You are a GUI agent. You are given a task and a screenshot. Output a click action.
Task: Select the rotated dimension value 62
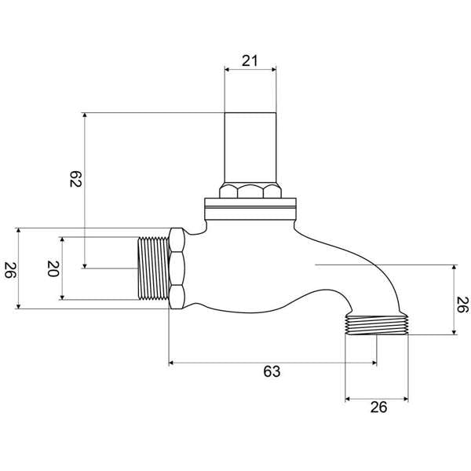75,179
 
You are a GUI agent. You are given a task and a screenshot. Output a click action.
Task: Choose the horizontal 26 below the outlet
378,408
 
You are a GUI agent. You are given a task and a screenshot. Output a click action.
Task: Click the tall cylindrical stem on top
250,148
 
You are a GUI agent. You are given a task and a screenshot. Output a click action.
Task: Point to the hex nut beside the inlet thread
177,268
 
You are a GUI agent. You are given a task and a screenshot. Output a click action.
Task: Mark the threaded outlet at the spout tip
378,323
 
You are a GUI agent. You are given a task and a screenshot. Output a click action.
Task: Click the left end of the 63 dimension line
170,363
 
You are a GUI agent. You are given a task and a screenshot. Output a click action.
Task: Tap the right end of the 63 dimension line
376,363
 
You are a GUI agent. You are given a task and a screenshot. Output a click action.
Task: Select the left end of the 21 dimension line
225,69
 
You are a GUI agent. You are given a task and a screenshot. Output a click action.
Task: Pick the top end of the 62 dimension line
84,113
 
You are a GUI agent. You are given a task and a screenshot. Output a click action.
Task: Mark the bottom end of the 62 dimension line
84,268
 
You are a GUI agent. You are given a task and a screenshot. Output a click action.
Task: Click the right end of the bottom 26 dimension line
408,400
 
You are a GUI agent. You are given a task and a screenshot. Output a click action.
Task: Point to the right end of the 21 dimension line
276,69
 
